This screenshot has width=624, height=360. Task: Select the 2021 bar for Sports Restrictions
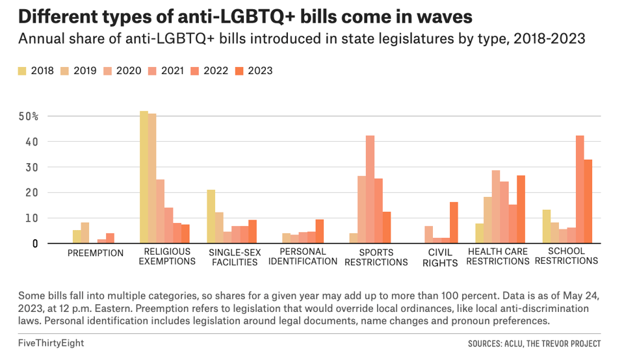tap(370, 189)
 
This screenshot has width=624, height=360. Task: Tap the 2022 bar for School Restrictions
tap(580, 189)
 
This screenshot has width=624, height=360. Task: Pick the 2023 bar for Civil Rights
tap(454, 222)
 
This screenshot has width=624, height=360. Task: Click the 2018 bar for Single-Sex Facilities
tap(211, 216)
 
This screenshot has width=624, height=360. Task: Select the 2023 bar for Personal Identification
tap(320, 231)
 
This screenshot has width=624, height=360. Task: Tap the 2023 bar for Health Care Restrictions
tap(521, 209)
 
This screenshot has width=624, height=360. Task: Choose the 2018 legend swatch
tap(22, 71)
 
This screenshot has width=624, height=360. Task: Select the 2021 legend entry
tap(164, 71)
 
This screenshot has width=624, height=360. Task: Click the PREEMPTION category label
tap(95, 253)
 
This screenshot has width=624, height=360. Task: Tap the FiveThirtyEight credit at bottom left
tap(51, 343)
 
